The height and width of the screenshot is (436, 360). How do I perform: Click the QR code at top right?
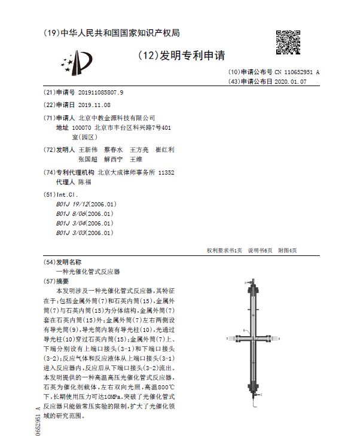[x=289, y=43]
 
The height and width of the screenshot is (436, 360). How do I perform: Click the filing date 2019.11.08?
[x=94, y=105]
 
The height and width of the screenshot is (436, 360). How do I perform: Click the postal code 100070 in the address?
[x=81, y=127]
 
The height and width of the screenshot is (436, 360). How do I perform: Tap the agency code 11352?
[x=166, y=172]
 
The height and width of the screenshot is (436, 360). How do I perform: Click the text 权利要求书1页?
[x=224, y=251]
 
